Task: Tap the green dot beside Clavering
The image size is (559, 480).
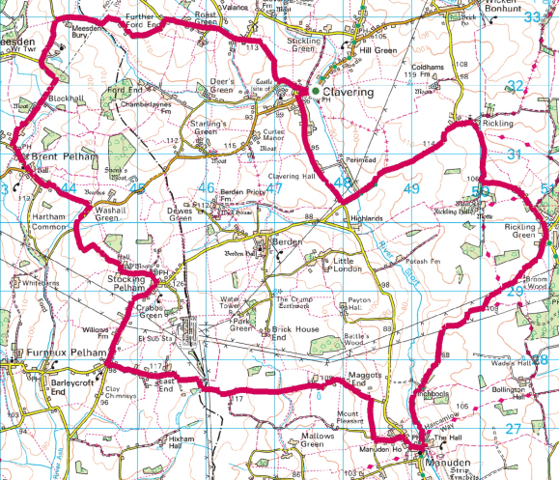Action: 301,92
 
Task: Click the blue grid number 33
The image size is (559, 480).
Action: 532,18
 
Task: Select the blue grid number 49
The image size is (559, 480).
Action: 412,188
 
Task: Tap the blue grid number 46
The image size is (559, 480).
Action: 206,188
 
